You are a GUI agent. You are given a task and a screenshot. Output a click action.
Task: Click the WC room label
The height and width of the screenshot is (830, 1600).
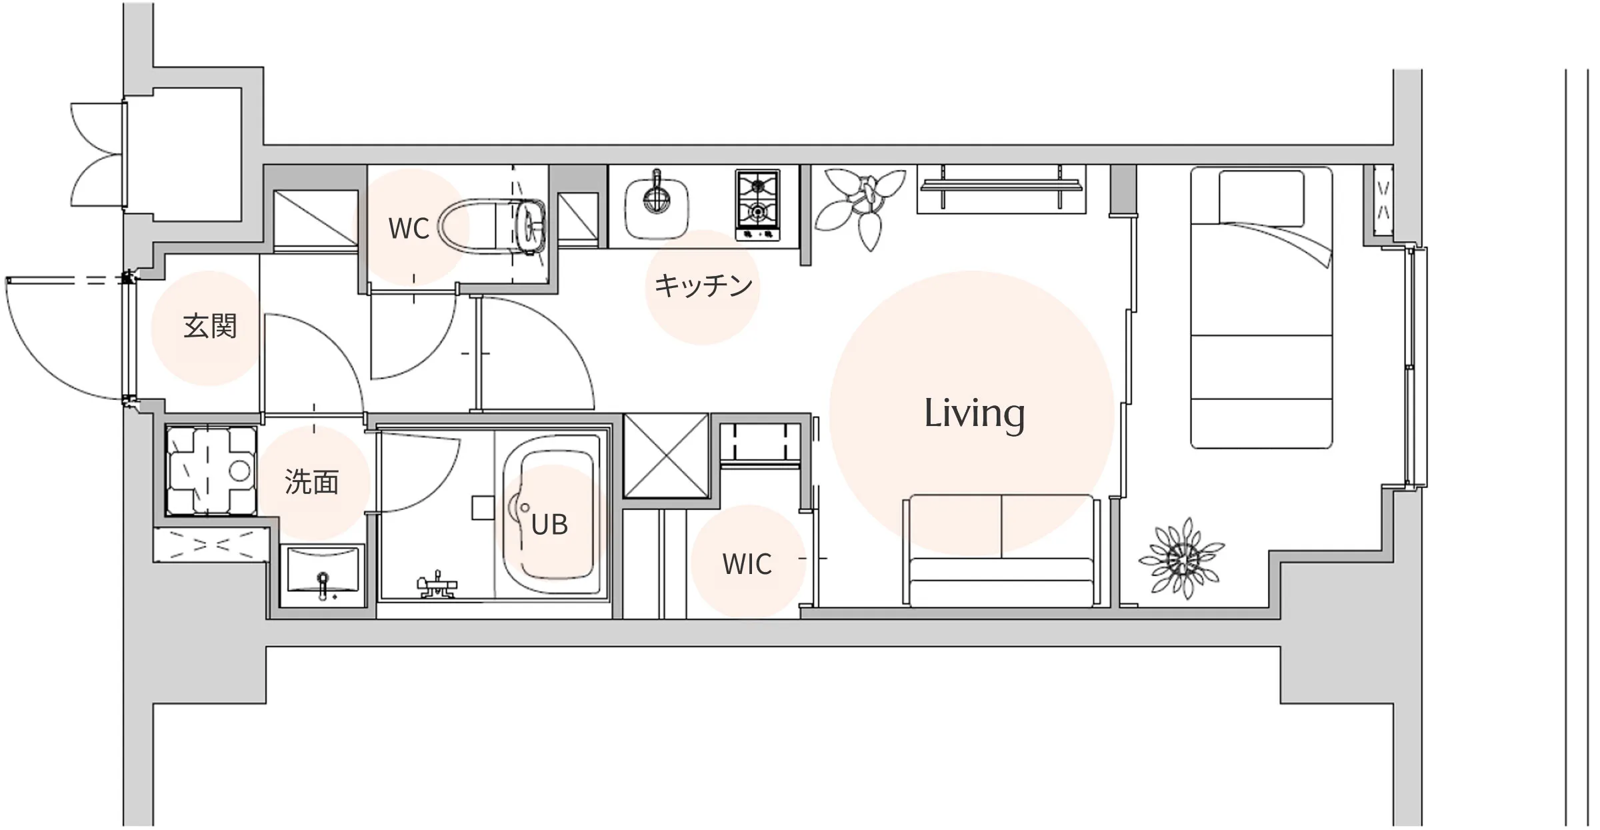tap(409, 229)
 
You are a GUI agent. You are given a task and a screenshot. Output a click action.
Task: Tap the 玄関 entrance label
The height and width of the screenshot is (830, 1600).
tap(210, 327)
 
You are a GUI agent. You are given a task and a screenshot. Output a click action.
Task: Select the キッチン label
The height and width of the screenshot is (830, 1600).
tap(703, 285)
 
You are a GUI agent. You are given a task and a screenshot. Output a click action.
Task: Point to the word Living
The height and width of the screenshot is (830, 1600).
tap(974, 414)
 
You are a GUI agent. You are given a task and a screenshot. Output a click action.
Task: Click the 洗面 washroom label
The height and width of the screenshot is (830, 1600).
tap(312, 481)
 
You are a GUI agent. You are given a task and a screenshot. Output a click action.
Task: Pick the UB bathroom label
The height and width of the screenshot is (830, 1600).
tap(549, 525)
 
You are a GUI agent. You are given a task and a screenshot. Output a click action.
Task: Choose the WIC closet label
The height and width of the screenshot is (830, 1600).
tap(747, 564)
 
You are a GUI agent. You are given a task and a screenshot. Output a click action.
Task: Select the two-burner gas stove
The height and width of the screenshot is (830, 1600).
tap(757, 205)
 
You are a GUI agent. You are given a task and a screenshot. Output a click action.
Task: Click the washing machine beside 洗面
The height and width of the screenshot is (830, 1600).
tap(211, 471)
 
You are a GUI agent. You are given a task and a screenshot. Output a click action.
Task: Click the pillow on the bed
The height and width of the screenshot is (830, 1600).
tap(1261, 198)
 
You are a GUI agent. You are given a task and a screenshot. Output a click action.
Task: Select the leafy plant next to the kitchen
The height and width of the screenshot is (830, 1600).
tap(862, 205)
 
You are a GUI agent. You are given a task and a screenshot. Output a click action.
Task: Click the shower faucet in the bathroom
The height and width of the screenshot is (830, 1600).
tap(437, 585)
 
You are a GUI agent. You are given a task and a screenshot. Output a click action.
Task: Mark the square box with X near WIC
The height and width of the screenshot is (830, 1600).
tap(666, 455)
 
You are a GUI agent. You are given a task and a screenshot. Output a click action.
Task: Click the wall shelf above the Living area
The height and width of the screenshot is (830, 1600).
tap(1001, 189)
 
